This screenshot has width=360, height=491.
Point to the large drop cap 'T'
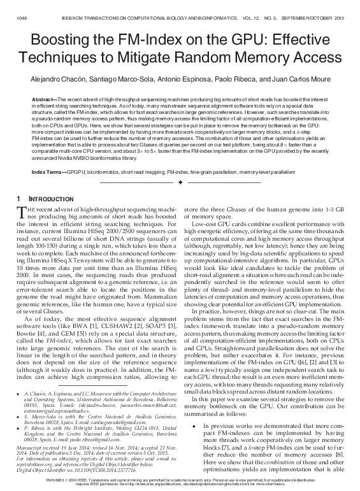tap(23, 214)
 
